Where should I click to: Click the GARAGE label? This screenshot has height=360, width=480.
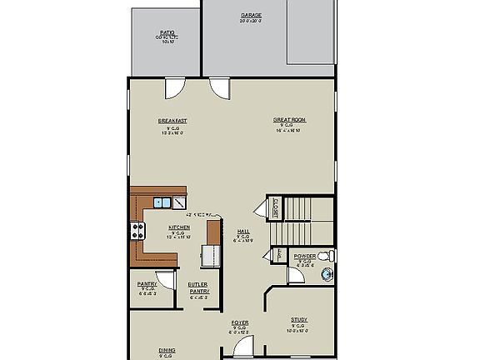250,16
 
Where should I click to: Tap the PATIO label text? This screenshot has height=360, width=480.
167,32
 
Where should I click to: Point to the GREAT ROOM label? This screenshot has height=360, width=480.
289,121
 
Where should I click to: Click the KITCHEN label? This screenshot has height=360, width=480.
179,227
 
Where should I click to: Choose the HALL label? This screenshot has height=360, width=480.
243,232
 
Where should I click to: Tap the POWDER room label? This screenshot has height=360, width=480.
304,257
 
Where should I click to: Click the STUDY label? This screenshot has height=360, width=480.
298,320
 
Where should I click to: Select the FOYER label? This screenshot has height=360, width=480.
239,322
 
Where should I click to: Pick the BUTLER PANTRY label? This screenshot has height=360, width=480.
197,287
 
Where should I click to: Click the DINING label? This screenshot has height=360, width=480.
167,351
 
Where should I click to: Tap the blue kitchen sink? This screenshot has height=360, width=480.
162,202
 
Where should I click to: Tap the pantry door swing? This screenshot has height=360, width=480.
167,281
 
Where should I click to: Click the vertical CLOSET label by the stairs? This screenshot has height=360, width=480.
275,208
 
